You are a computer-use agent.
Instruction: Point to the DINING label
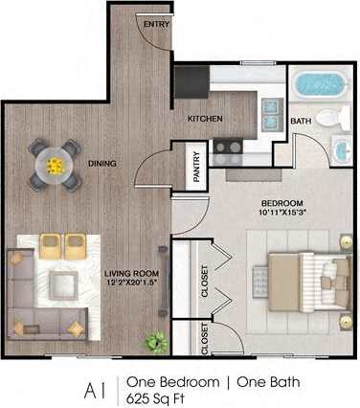pos(101,164)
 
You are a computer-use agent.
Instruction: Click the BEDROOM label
pos(282,203)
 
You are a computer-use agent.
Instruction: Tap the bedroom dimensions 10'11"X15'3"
pos(282,214)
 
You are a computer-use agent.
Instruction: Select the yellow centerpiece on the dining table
pos(55,166)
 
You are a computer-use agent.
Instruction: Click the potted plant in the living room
pos(152,340)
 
